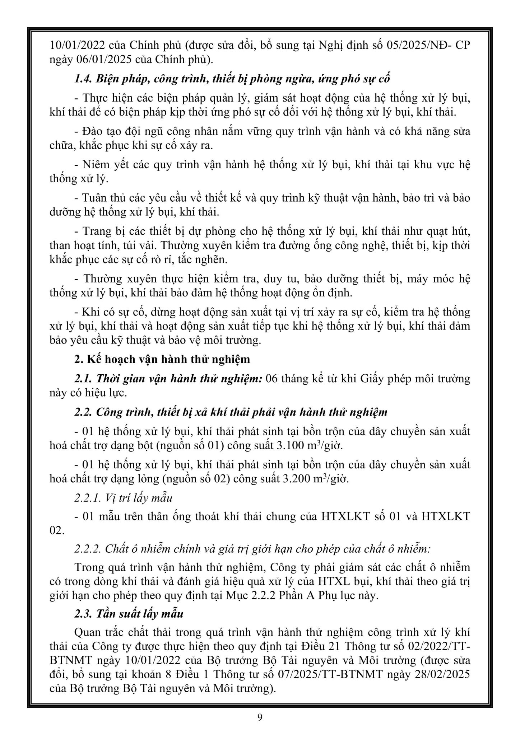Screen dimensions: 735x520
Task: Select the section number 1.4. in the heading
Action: coord(83,79)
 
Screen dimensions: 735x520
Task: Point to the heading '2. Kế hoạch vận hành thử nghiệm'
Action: coord(162,359)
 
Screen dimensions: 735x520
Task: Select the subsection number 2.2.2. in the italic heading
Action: coord(88,549)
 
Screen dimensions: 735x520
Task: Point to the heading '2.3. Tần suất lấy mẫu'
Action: coord(129,614)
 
